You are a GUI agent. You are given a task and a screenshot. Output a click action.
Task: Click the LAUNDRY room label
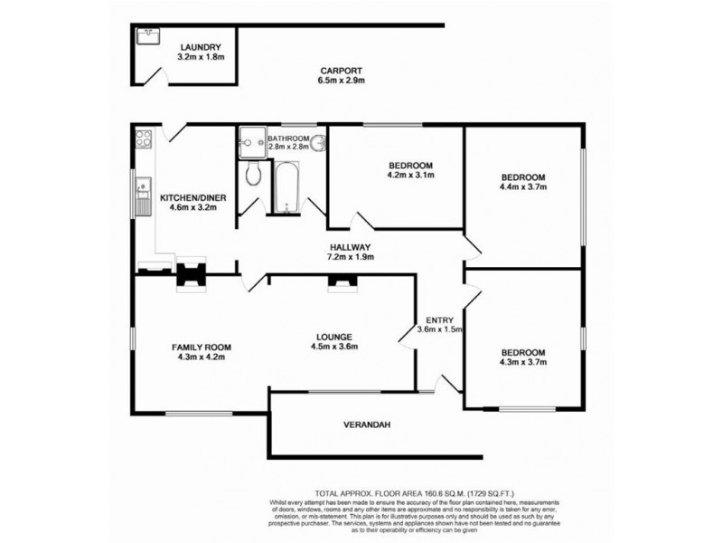point(201,47)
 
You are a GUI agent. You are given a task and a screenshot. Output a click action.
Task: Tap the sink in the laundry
point(148,36)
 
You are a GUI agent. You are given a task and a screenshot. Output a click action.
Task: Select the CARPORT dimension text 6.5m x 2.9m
point(342,81)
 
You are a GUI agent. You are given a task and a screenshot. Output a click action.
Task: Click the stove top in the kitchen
point(144,138)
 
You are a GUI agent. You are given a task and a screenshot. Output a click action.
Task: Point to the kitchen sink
point(143,197)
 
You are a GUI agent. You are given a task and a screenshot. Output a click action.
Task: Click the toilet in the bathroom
point(253,173)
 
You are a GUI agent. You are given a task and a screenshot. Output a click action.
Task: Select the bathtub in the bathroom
point(286,188)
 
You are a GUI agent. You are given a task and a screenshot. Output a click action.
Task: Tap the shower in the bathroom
point(252,143)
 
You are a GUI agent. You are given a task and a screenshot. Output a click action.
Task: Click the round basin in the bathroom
point(318,143)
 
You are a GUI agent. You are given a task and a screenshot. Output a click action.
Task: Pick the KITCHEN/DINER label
point(192,198)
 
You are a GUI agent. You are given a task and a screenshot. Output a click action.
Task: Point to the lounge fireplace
point(343,282)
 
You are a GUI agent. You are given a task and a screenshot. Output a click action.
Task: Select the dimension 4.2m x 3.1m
point(411,175)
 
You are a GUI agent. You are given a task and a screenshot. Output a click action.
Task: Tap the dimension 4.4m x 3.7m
point(523,187)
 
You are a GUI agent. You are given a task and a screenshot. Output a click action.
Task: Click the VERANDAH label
point(367,424)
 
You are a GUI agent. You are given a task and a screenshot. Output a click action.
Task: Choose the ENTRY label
point(439,320)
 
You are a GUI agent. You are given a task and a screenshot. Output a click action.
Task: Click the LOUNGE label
point(334,337)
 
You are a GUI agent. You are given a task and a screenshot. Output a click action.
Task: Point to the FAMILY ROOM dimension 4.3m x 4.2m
point(201,357)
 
